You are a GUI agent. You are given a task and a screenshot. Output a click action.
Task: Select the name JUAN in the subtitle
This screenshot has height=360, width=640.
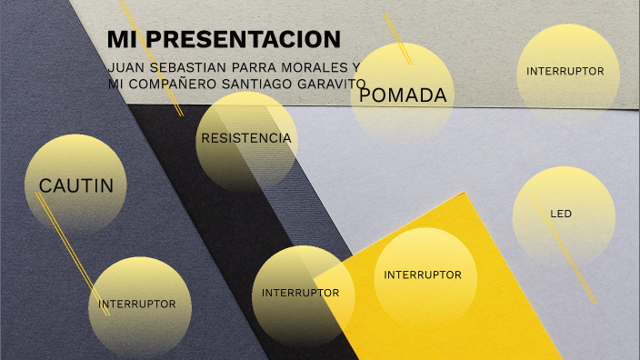[125, 68]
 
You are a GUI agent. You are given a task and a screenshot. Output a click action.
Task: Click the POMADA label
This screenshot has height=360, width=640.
[403, 95]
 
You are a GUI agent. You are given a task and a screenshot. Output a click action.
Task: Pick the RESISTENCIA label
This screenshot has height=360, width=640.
[245, 138]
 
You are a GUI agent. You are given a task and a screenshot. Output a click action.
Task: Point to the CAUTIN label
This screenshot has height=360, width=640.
[76, 185]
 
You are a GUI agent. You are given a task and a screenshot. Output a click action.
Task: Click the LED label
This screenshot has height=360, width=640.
[561, 215]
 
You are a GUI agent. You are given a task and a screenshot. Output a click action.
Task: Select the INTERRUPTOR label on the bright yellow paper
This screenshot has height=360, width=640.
[423, 275]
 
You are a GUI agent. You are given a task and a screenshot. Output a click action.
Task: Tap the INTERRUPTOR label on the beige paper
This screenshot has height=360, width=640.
[565, 71]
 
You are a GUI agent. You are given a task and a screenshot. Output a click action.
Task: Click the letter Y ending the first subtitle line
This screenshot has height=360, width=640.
[356, 68]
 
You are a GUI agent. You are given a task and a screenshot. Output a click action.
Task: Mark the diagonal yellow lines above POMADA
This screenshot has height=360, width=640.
[396, 36]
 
